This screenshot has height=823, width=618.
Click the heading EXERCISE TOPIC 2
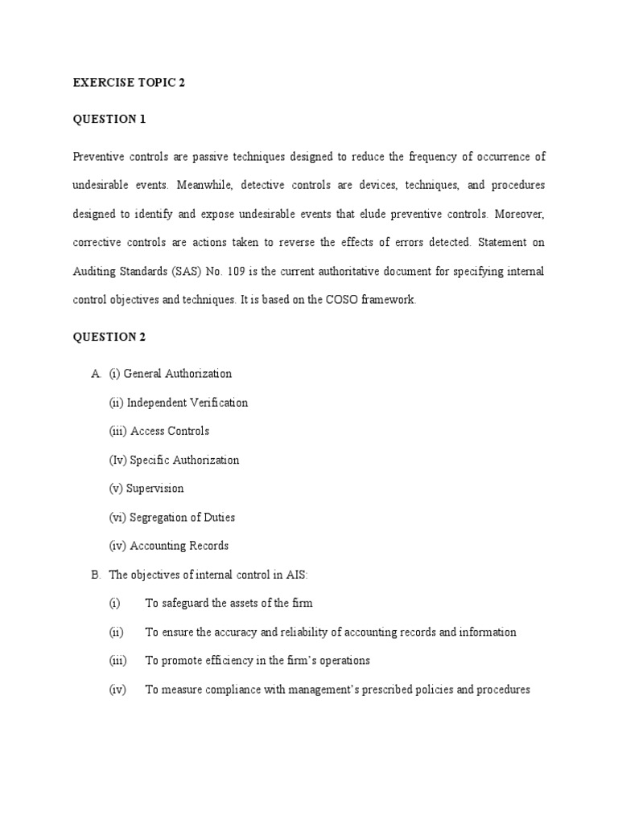coord(129,82)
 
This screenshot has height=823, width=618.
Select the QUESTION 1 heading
coord(109,119)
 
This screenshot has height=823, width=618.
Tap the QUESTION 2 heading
coord(109,337)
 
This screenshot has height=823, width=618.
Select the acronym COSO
coord(325,300)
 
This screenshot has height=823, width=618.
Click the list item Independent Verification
coord(187,403)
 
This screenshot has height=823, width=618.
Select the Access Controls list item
coord(170,431)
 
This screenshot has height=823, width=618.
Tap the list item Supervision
coord(155,489)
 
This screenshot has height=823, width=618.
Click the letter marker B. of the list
coord(94,575)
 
